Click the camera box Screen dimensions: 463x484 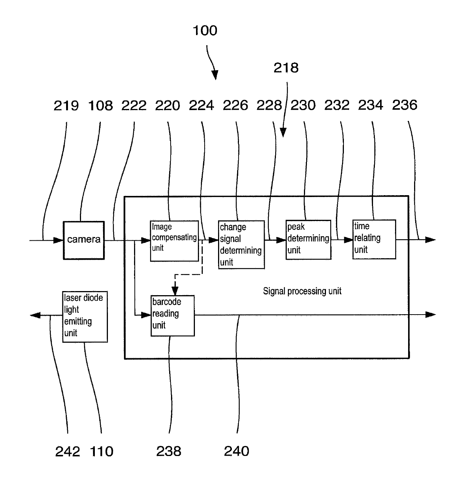[x=84, y=240]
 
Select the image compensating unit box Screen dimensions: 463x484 [x=174, y=241]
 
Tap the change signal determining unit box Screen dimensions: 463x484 [x=241, y=244]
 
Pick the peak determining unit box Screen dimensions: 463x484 [x=308, y=240]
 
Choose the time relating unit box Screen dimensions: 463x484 [x=374, y=239]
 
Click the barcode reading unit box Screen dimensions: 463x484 [x=173, y=316]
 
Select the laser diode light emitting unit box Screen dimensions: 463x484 [x=85, y=316]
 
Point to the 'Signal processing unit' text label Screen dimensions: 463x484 [x=302, y=291]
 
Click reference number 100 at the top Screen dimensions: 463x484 [x=205, y=31]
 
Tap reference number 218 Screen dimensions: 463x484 [x=286, y=68]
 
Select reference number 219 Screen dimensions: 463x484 [x=66, y=106]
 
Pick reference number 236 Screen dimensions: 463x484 [x=404, y=105]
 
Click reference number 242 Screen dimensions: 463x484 [x=68, y=452]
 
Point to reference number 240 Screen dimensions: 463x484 [x=236, y=451]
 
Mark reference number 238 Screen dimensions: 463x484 [x=169, y=451]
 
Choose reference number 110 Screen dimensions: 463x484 [x=101, y=452]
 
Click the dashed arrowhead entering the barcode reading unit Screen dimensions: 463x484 [x=175, y=291]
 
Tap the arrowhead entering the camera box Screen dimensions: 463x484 [x=59, y=240]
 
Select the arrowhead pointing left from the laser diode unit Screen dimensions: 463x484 [x=35, y=315]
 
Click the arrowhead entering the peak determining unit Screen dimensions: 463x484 [x=281, y=240]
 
